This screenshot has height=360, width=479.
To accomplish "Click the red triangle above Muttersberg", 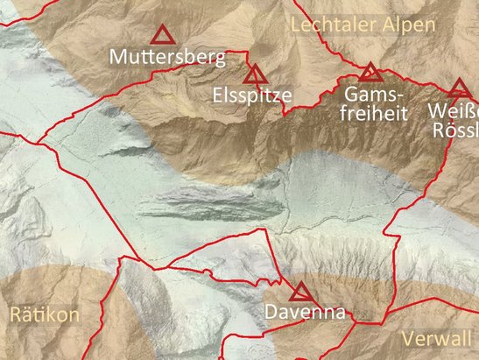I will pos(162,35).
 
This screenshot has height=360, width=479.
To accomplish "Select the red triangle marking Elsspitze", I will pos(255,74).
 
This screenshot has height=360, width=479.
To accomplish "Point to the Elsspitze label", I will pos(251,95).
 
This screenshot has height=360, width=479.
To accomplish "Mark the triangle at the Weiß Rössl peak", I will pos(459,88).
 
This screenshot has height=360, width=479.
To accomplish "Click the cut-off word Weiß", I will pos(454,111).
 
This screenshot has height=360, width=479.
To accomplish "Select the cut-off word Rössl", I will pos(455,131).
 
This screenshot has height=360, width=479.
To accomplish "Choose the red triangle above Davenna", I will pos(302,292).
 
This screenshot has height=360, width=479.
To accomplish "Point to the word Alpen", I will pos(407,25).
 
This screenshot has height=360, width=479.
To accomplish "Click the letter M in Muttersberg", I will pos(118,58).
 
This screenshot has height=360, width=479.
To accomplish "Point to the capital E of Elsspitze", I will pos(217,95).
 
